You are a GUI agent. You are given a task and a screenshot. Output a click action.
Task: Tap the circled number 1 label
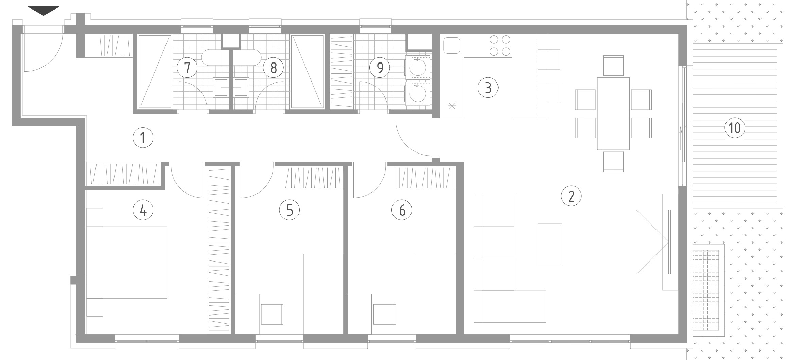click(143, 138)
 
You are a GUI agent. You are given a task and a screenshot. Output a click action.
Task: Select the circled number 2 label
click(571, 196)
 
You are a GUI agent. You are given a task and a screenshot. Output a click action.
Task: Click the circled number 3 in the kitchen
click(488, 88)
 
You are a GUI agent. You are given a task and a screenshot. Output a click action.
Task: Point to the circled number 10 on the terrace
click(735, 128)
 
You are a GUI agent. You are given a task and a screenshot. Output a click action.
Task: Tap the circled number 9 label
click(380, 67)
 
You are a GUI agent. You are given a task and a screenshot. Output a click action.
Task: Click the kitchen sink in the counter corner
click(452, 45)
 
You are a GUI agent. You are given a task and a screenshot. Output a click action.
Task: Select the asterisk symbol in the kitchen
click(452, 106)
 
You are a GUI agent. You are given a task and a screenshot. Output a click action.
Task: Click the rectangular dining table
click(613, 113)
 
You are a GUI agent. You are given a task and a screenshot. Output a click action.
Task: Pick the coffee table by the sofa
click(550, 244)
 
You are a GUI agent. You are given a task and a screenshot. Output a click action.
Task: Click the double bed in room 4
click(127, 262)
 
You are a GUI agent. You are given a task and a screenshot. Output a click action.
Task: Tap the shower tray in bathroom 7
click(155, 72)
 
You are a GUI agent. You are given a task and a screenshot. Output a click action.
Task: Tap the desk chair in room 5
click(272, 314)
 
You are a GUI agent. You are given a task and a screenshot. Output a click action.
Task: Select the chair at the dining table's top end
click(613, 66)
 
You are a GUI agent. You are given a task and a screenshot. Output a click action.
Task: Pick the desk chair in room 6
click(384, 314)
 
